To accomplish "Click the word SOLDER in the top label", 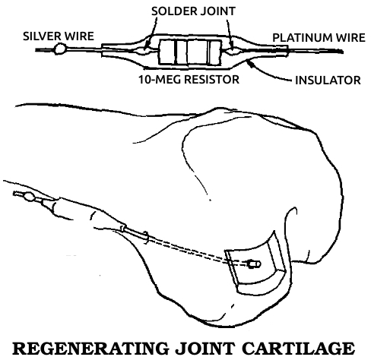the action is pos(173,11).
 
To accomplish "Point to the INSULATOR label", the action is pos(328,81).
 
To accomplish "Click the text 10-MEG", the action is pos(160,79).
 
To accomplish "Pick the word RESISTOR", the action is pos(211,79).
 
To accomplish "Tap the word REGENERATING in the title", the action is pos(90,349).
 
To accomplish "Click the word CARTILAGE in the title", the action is pos(298,349).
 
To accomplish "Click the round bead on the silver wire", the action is pos(60,49).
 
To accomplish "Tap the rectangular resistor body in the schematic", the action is pos(190,52).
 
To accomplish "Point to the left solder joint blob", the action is pos(144,50).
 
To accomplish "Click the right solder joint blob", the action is pos(233,52).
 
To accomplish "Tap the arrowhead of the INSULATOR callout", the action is pos(249,62).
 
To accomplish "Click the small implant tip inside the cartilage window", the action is pos(255,264).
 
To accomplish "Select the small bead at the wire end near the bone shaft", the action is pos(30,197).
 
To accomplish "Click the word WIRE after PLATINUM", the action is pos(350,38).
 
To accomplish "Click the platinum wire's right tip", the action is pos(343,52).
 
